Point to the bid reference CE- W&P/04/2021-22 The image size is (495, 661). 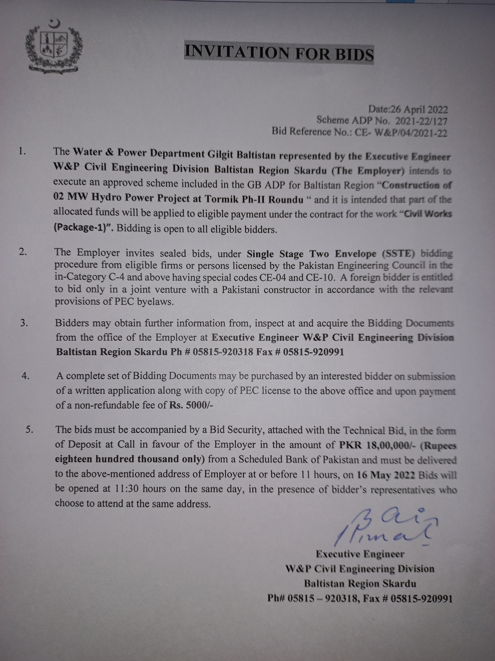401,132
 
